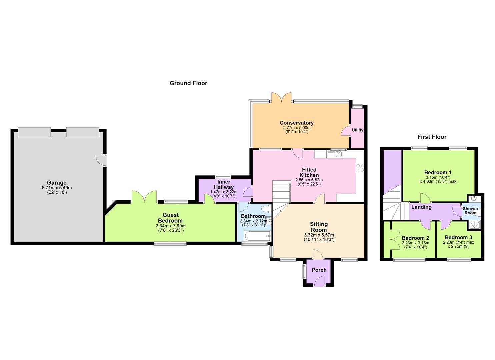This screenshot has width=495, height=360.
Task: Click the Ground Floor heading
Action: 188,83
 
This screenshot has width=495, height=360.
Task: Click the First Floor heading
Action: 432,137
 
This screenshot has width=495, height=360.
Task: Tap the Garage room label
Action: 57,183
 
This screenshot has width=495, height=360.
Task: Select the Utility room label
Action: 357,130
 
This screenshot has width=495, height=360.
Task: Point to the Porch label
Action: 319,270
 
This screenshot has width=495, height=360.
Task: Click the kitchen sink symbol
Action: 335,154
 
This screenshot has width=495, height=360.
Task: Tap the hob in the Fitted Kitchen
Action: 360,168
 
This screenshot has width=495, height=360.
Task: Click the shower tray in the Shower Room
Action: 474,225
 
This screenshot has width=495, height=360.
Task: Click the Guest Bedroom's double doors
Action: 144,197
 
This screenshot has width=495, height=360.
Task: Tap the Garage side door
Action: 101,161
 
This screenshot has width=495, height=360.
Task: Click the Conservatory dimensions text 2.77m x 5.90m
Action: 297,128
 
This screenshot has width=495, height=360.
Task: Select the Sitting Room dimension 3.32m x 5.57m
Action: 319,235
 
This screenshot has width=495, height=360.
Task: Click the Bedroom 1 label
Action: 438,172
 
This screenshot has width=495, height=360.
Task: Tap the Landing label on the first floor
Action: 421,207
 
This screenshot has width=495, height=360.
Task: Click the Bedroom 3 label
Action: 458,237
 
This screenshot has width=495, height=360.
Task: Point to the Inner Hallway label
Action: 224,184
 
